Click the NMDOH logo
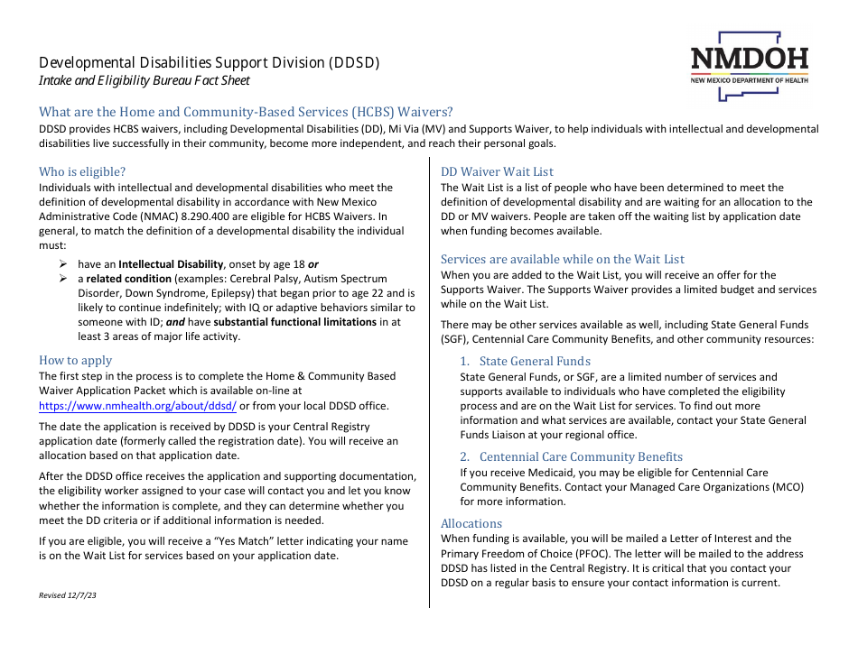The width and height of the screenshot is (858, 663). tap(749, 60)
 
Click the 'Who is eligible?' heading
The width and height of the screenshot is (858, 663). tap(82, 171)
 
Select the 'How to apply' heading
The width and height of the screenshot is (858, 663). tap(76, 360)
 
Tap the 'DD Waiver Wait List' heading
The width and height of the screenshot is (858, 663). tap(497, 171)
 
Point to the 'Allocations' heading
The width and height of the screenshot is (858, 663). tap(471, 523)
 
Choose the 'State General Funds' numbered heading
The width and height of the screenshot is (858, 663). tap(535, 361)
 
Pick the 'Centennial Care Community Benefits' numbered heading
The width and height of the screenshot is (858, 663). tap(581, 456)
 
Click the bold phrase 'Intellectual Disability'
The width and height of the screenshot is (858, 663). tap(172, 264)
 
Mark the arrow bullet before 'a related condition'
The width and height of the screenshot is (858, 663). tap(64, 279)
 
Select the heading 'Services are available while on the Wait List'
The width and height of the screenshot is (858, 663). tap(563, 259)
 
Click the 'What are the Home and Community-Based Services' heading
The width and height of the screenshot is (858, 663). tap(246, 112)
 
